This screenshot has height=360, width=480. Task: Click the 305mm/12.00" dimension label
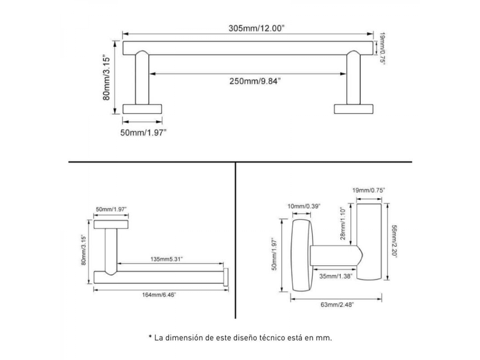[257, 28]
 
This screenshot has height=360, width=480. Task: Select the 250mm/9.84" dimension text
[255, 81]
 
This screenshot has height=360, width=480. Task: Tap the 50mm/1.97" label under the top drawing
[143, 133]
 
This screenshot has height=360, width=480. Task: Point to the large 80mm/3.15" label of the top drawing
[106, 77]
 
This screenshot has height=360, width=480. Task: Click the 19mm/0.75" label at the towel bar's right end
[382, 48]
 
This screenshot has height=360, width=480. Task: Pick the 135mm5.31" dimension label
[167, 259]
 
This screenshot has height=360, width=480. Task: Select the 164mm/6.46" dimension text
[159, 295]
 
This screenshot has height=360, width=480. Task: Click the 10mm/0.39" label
[304, 206]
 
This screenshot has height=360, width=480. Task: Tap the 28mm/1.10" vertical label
[343, 223]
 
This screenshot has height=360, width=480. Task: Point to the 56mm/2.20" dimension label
[394, 242]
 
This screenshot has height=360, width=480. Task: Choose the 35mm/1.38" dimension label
[336, 276]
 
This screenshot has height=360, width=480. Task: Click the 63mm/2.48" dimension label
[337, 305]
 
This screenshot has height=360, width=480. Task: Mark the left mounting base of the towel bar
[142, 109]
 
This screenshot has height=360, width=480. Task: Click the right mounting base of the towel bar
[353, 109]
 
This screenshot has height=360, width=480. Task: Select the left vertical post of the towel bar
[142, 78]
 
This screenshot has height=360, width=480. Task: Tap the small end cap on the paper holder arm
[226, 277]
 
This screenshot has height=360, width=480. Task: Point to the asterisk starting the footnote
[151, 337]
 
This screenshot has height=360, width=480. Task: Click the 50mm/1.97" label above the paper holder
[111, 209]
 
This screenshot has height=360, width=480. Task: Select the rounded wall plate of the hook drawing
[302, 255]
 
